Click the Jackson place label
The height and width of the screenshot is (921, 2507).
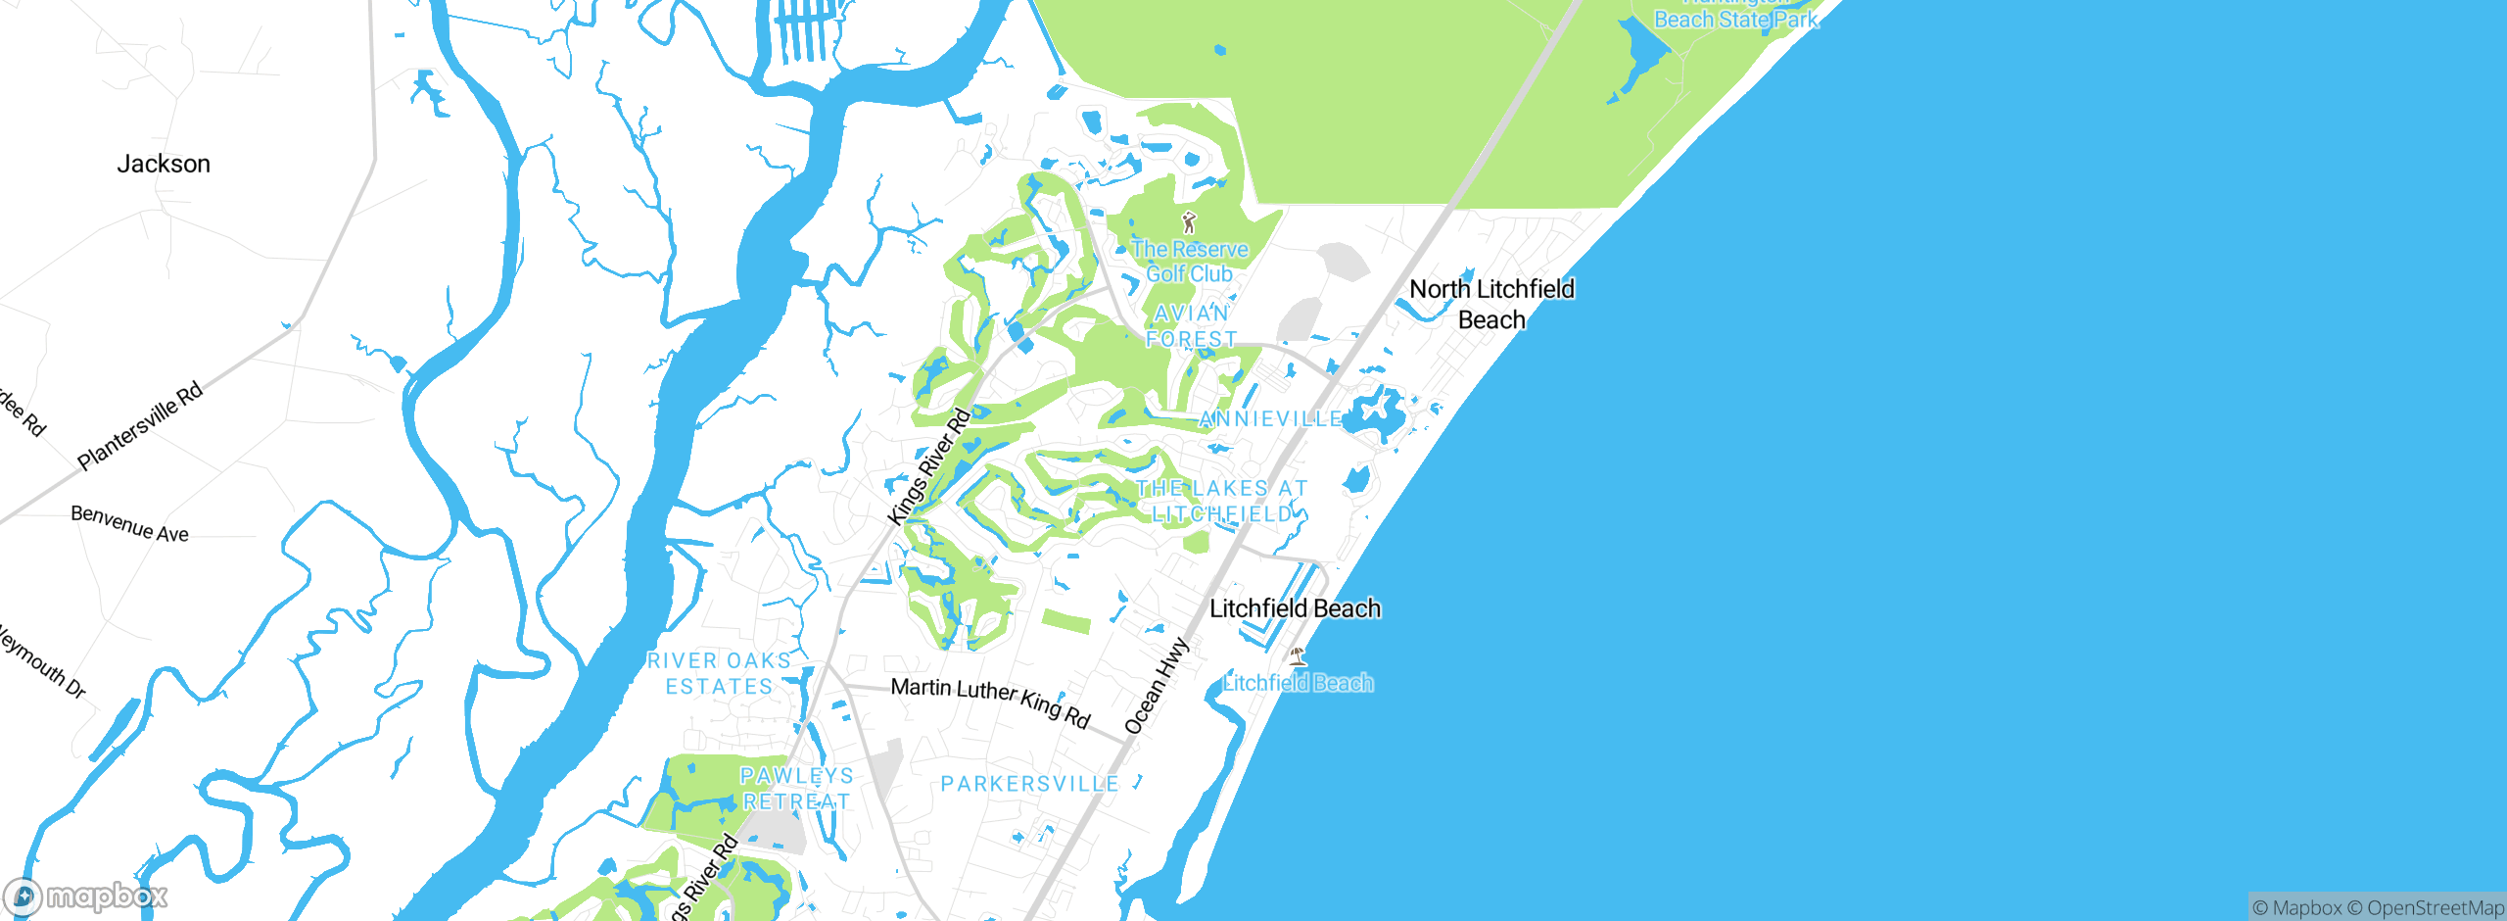tap(164, 164)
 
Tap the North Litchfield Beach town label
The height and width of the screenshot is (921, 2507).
tap(1491, 304)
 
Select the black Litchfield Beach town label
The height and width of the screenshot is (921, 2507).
tap(1295, 608)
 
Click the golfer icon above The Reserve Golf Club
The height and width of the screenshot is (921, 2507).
tap(1189, 222)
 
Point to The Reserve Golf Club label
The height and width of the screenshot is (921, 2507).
tap(1190, 262)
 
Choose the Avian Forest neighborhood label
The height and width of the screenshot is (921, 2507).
tap(1191, 326)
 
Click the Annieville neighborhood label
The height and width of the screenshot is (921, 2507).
tap(1271, 419)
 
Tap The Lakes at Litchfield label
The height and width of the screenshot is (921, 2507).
tap(1221, 501)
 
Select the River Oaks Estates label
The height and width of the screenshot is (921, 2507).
tap(719, 674)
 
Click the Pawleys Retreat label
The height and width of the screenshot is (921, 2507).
tap(796, 789)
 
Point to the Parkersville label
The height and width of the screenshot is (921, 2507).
tap(1029, 784)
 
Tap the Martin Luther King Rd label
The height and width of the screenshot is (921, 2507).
tap(990, 702)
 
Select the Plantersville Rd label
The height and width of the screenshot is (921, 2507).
tap(140, 425)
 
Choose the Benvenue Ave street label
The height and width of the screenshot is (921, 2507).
tap(129, 524)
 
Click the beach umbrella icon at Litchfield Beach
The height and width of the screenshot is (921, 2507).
tap(1298, 656)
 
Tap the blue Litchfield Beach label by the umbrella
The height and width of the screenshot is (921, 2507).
tap(1298, 683)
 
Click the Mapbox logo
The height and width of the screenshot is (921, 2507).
tap(85, 897)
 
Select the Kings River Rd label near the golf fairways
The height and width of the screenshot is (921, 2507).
tap(928, 466)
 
